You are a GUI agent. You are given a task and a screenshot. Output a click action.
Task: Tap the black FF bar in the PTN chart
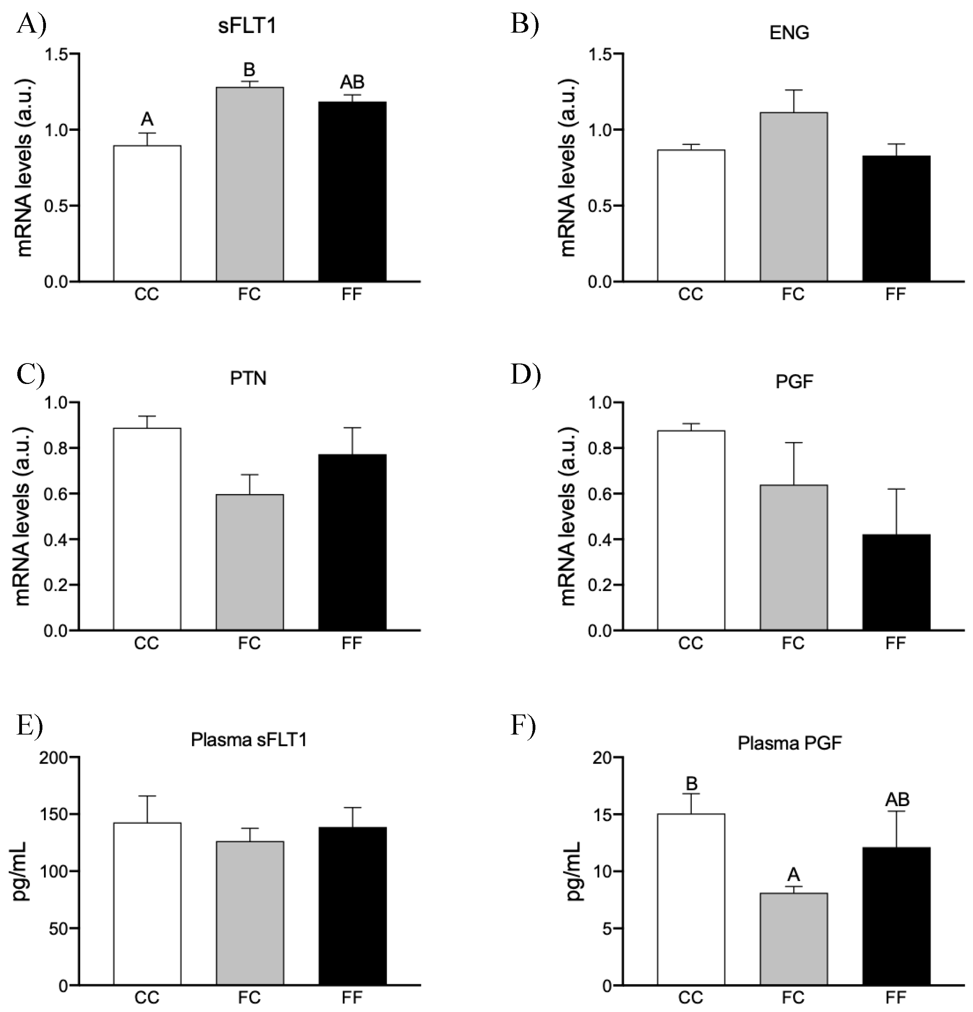click(x=352, y=542)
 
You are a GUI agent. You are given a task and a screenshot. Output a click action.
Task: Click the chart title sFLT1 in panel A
click(x=247, y=26)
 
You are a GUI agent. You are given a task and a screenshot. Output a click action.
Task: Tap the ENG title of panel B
click(x=789, y=33)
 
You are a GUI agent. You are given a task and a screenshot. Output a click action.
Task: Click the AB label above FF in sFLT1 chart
click(x=352, y=82)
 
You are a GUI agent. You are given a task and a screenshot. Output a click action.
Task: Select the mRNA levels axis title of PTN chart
click(x=24, y=516)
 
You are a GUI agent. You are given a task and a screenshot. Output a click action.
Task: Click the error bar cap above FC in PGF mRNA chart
click(x=793, y=443)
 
